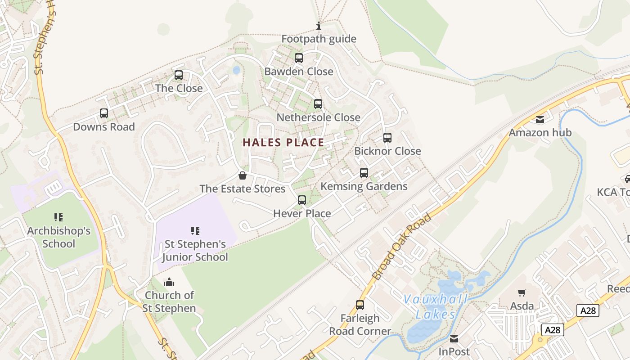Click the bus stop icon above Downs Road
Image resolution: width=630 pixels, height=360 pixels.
tap(104, 113)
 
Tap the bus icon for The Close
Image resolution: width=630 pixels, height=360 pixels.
tap(179, 75)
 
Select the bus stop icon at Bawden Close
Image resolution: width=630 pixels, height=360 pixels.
tap(299, 58)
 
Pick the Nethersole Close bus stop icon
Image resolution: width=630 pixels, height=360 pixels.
tap(318, 104)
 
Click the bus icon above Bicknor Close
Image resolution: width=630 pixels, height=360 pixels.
tap(387, 138)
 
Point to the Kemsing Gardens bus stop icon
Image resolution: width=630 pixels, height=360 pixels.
tap(364, 173)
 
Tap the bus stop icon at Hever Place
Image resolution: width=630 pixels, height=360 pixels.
tap(302, 200)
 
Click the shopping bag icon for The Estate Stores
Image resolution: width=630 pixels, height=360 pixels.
tap(243, 175)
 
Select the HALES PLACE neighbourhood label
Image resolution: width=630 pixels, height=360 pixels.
tap(283, 143)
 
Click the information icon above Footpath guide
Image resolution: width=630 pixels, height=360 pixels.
tap(319, 26)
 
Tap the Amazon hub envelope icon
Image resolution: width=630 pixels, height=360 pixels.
tap(540, 120)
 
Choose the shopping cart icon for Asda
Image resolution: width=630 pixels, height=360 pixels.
tap(522, 293)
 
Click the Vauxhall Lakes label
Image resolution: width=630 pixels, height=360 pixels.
tap(435, 306)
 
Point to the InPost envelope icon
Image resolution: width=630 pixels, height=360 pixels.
tap(454, 339)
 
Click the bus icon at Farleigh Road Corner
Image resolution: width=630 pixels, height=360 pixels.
tap(360, 305)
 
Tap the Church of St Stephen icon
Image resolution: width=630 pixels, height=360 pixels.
tap(169, 282)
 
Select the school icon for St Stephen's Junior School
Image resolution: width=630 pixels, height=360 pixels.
tap(195, 231)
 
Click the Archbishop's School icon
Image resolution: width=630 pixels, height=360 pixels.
tap(58, 218)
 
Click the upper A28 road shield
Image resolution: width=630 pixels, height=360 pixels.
tap(588, 310)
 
